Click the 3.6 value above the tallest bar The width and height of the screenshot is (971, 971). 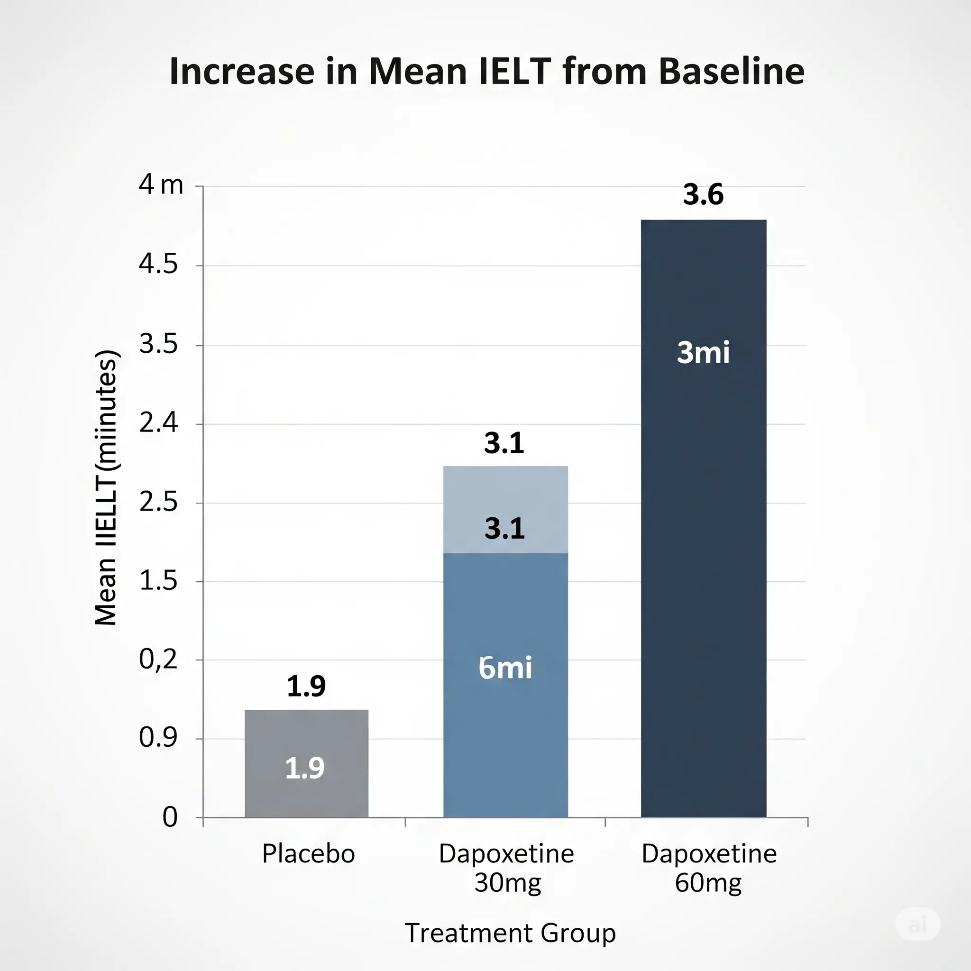pos(703,194)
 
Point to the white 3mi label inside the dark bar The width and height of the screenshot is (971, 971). pos(703,352)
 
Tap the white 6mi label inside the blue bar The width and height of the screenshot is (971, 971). pos(505,668)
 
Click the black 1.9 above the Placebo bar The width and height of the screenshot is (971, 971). pos(306,686)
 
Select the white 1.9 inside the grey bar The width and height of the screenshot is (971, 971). pos(304,768)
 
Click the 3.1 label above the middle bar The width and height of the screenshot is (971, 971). pos(504,443)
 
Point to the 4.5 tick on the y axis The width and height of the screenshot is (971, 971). pos(158,265)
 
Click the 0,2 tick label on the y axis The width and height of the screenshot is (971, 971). pos(158,659)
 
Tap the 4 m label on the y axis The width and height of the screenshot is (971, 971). pos(161,184)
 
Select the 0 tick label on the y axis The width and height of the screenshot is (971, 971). pos(170,817)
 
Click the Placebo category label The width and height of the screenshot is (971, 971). pos(308,854)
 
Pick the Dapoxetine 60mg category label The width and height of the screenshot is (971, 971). pos(709,868)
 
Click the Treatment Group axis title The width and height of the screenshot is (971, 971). pos(510,933)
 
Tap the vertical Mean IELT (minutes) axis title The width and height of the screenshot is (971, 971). pos(106,487)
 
